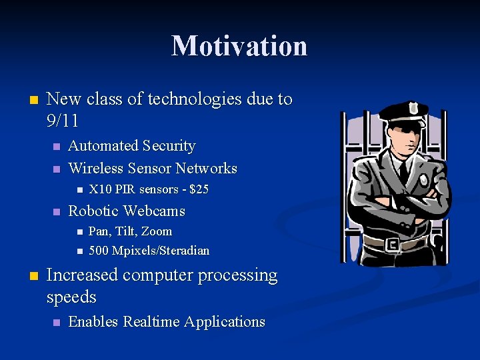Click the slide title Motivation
click(239, 46)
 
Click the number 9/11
click(63, 121)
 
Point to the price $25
click(199, 189)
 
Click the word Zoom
click(157, 232)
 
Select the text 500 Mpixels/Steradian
click(149, 251)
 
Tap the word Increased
click(83, 275)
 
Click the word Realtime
click(149, 322)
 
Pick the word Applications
click(225, 322)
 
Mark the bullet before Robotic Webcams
click(57, 212)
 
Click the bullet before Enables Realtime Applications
click(57, 323)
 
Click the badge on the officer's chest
click(424, 180)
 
